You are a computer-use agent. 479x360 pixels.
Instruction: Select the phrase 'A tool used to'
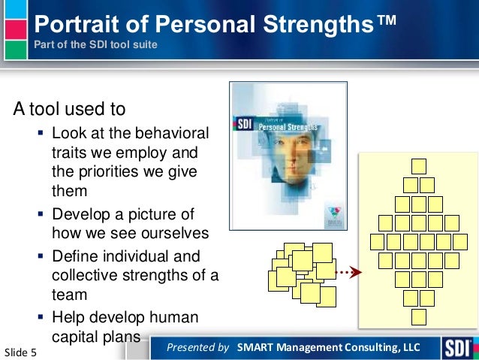point(68,109)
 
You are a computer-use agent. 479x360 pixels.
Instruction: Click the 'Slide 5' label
point(25,351)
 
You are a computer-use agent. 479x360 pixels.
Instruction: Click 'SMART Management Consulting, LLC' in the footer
point(328,347)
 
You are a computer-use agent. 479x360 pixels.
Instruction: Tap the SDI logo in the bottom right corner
point(457,347)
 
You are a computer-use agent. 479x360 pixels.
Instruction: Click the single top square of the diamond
point(419,166)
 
